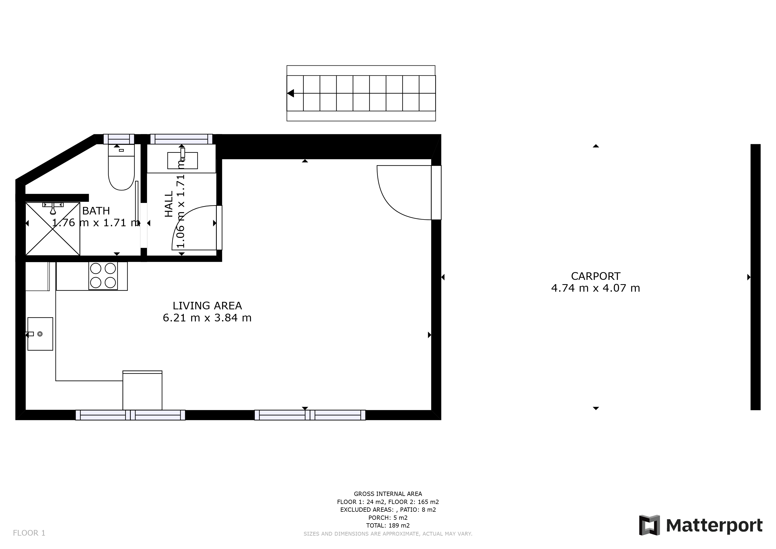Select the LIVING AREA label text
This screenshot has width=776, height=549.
(207, 306)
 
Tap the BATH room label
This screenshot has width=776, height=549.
(96, 211)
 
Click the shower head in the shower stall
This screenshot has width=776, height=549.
(53, 209)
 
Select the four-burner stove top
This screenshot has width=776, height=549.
(103, 276)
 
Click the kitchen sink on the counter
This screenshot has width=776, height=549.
(40, 334)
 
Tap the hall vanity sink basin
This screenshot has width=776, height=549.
(182, 160)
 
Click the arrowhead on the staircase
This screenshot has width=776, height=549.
(290, 93)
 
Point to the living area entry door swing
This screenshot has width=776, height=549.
(402, 193)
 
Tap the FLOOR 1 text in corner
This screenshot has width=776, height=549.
(29, 533)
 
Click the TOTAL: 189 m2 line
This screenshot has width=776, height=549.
(388, 525)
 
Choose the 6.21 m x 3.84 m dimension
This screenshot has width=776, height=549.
(207, 318)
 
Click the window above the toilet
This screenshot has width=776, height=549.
(119, 139)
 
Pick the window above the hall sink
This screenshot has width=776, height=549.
(181, 139)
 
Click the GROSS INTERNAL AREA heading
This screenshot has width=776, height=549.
(388, 494)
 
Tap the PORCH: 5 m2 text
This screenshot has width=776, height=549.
(388, 518)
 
